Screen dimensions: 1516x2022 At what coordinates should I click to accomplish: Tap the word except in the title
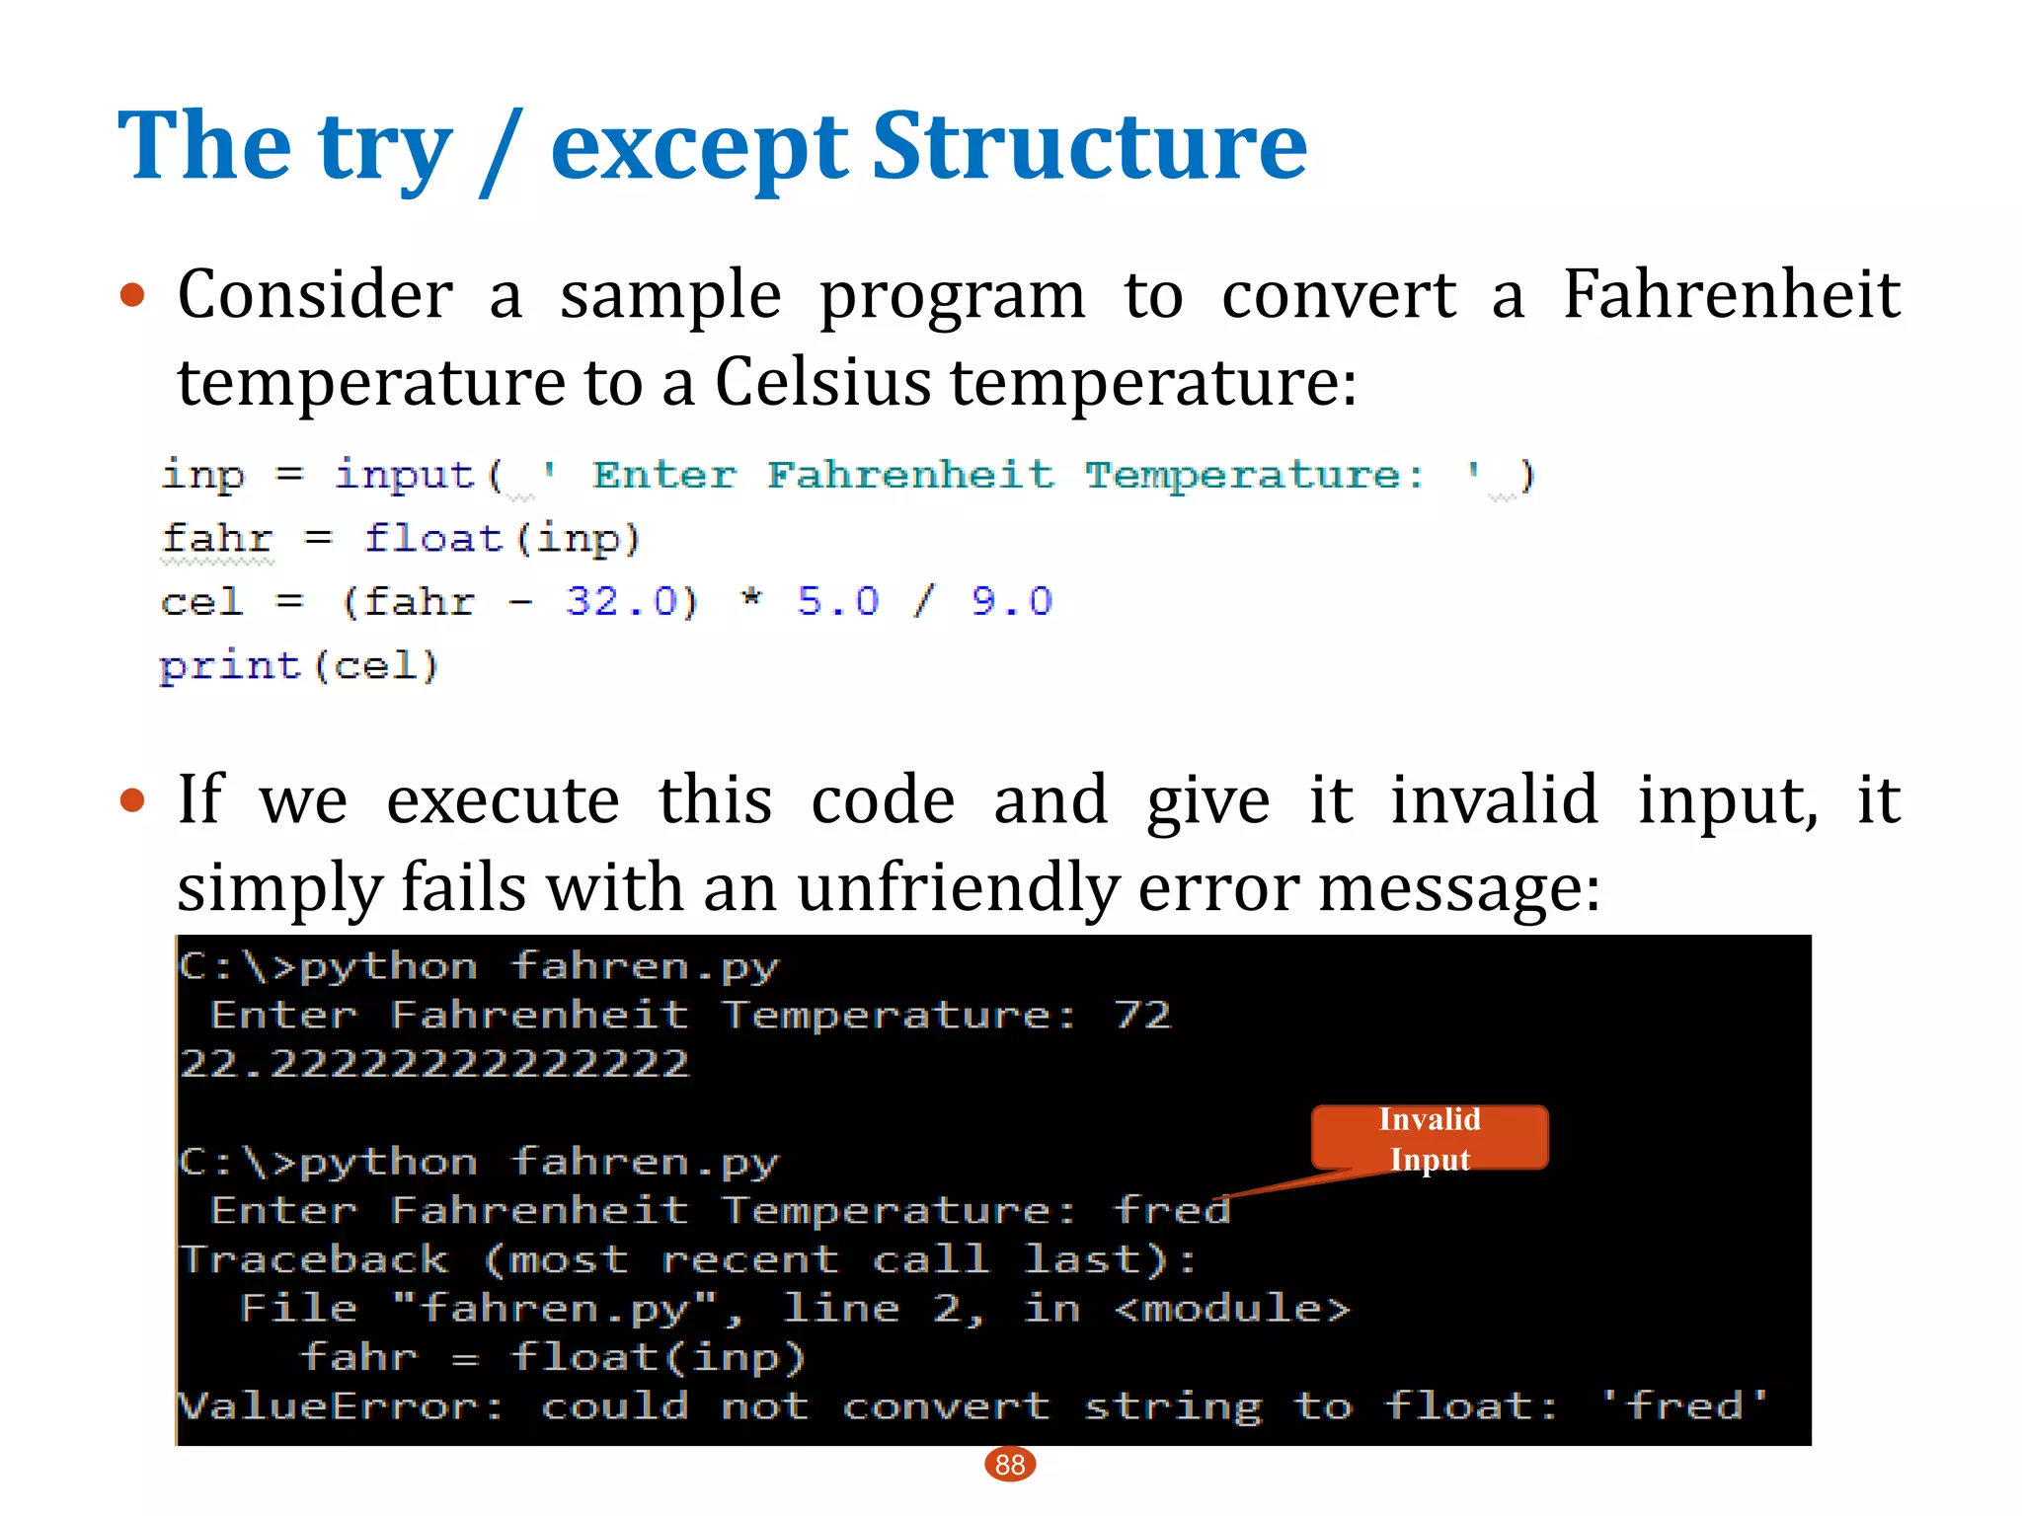[x=699, y=148]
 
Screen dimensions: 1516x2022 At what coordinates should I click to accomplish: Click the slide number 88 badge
[x=1010, y=1465]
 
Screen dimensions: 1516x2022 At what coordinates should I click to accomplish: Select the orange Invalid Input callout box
[x=1429, y=1138]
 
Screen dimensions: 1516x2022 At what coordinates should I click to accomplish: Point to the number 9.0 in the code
[x=1012, y=601]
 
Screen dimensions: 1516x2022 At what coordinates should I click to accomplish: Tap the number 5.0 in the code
[x=838, y=601]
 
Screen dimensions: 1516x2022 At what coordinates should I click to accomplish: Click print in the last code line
[x=230, y=666]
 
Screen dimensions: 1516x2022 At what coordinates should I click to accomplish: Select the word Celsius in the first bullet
[x=822, y=382]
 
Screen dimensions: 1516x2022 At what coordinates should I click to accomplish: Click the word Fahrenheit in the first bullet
[x=1732, y=295]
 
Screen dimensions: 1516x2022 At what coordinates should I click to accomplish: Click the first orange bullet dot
[x=132, y=295]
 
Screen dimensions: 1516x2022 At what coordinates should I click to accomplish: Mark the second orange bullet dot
[x=132, y=800]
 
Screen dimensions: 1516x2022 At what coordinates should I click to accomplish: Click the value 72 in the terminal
[x=1142, y=1015]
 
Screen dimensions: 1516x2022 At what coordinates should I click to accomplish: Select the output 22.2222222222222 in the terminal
[x=434, y=1064]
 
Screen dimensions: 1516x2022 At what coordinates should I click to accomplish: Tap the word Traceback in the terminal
[x=314, y=1259]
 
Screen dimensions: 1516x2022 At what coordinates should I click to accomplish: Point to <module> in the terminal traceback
[x=1232, y=1309]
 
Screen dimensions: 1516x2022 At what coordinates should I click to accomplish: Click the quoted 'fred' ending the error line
[x=1684, y=1405]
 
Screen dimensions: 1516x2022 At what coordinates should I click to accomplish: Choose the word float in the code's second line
[x=433, y=539]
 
